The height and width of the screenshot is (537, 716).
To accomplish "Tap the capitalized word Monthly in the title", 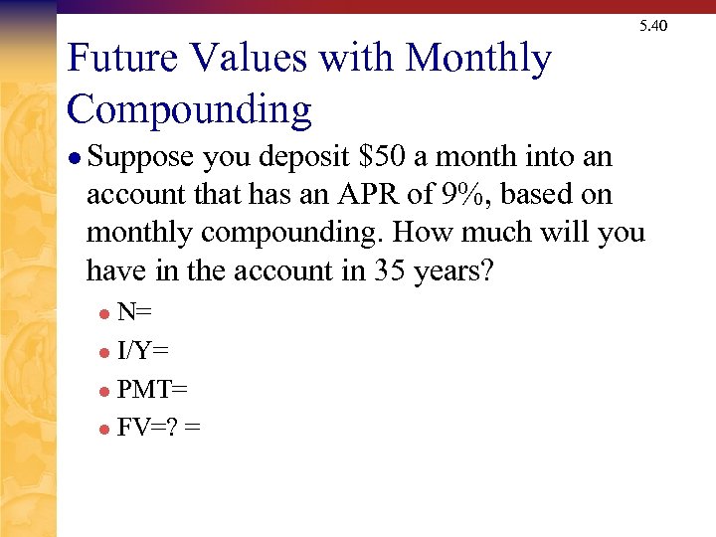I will coord(478,60).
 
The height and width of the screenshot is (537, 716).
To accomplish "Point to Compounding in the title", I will coord(189,108).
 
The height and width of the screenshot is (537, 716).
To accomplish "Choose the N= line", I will coord(134,313).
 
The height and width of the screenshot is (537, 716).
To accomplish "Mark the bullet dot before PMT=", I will coord(104,391).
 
